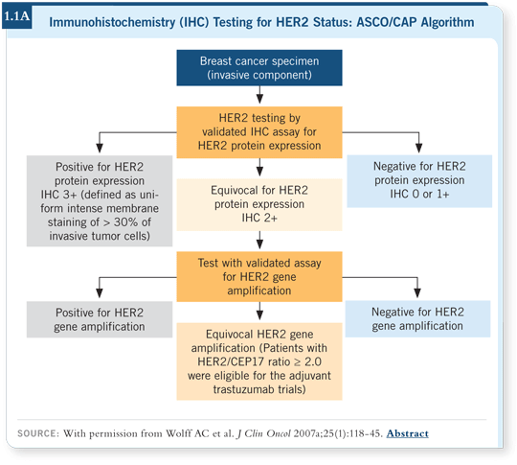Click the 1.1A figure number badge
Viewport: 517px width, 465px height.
[17, 16]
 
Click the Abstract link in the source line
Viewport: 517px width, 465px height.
[408, 433]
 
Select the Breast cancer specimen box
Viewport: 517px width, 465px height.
[259, 68]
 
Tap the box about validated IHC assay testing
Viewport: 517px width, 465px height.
[259, 132]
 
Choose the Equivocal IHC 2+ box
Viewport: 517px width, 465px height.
[259, 204]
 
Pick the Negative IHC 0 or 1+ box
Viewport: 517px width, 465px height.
[419, 181]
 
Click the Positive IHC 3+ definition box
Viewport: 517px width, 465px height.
[100, 201]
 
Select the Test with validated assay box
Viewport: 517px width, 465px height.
[259, 277]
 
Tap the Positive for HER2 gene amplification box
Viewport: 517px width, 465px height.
[100, 319]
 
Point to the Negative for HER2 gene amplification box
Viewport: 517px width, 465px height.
[417, 318]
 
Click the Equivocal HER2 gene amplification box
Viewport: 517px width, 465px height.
[259, 361]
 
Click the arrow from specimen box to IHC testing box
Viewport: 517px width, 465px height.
[259, 95]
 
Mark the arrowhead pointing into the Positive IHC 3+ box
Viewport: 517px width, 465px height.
[100, 148]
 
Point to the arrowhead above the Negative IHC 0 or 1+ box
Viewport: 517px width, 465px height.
[418, 148]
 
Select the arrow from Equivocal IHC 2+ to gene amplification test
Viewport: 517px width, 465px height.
[259, 240]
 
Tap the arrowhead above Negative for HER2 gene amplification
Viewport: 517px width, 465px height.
[417, 293]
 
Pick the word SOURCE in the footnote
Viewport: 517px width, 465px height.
[36, 433]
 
